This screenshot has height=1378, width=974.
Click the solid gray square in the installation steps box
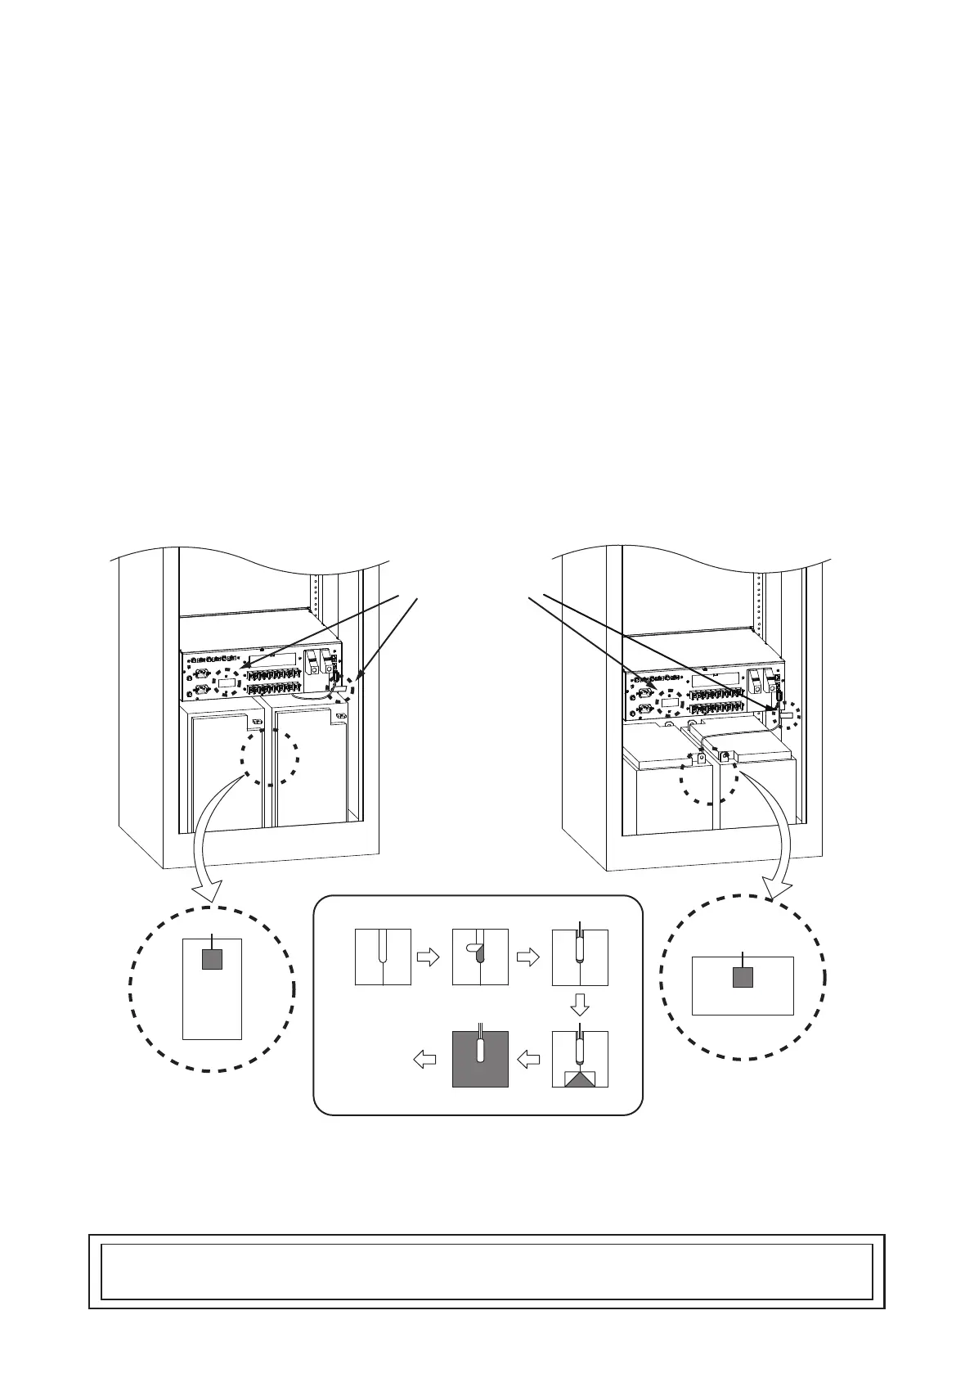click(480, 1059)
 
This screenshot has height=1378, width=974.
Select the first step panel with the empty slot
click(383, 957)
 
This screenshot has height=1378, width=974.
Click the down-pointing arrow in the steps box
click(579, 1004)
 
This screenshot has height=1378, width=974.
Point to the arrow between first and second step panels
click(429, 957)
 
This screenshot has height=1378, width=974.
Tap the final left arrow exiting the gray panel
click(424, 1060)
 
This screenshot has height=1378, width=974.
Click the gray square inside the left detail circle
click(212, 958)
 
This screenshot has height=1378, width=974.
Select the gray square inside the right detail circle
click(743, 976)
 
